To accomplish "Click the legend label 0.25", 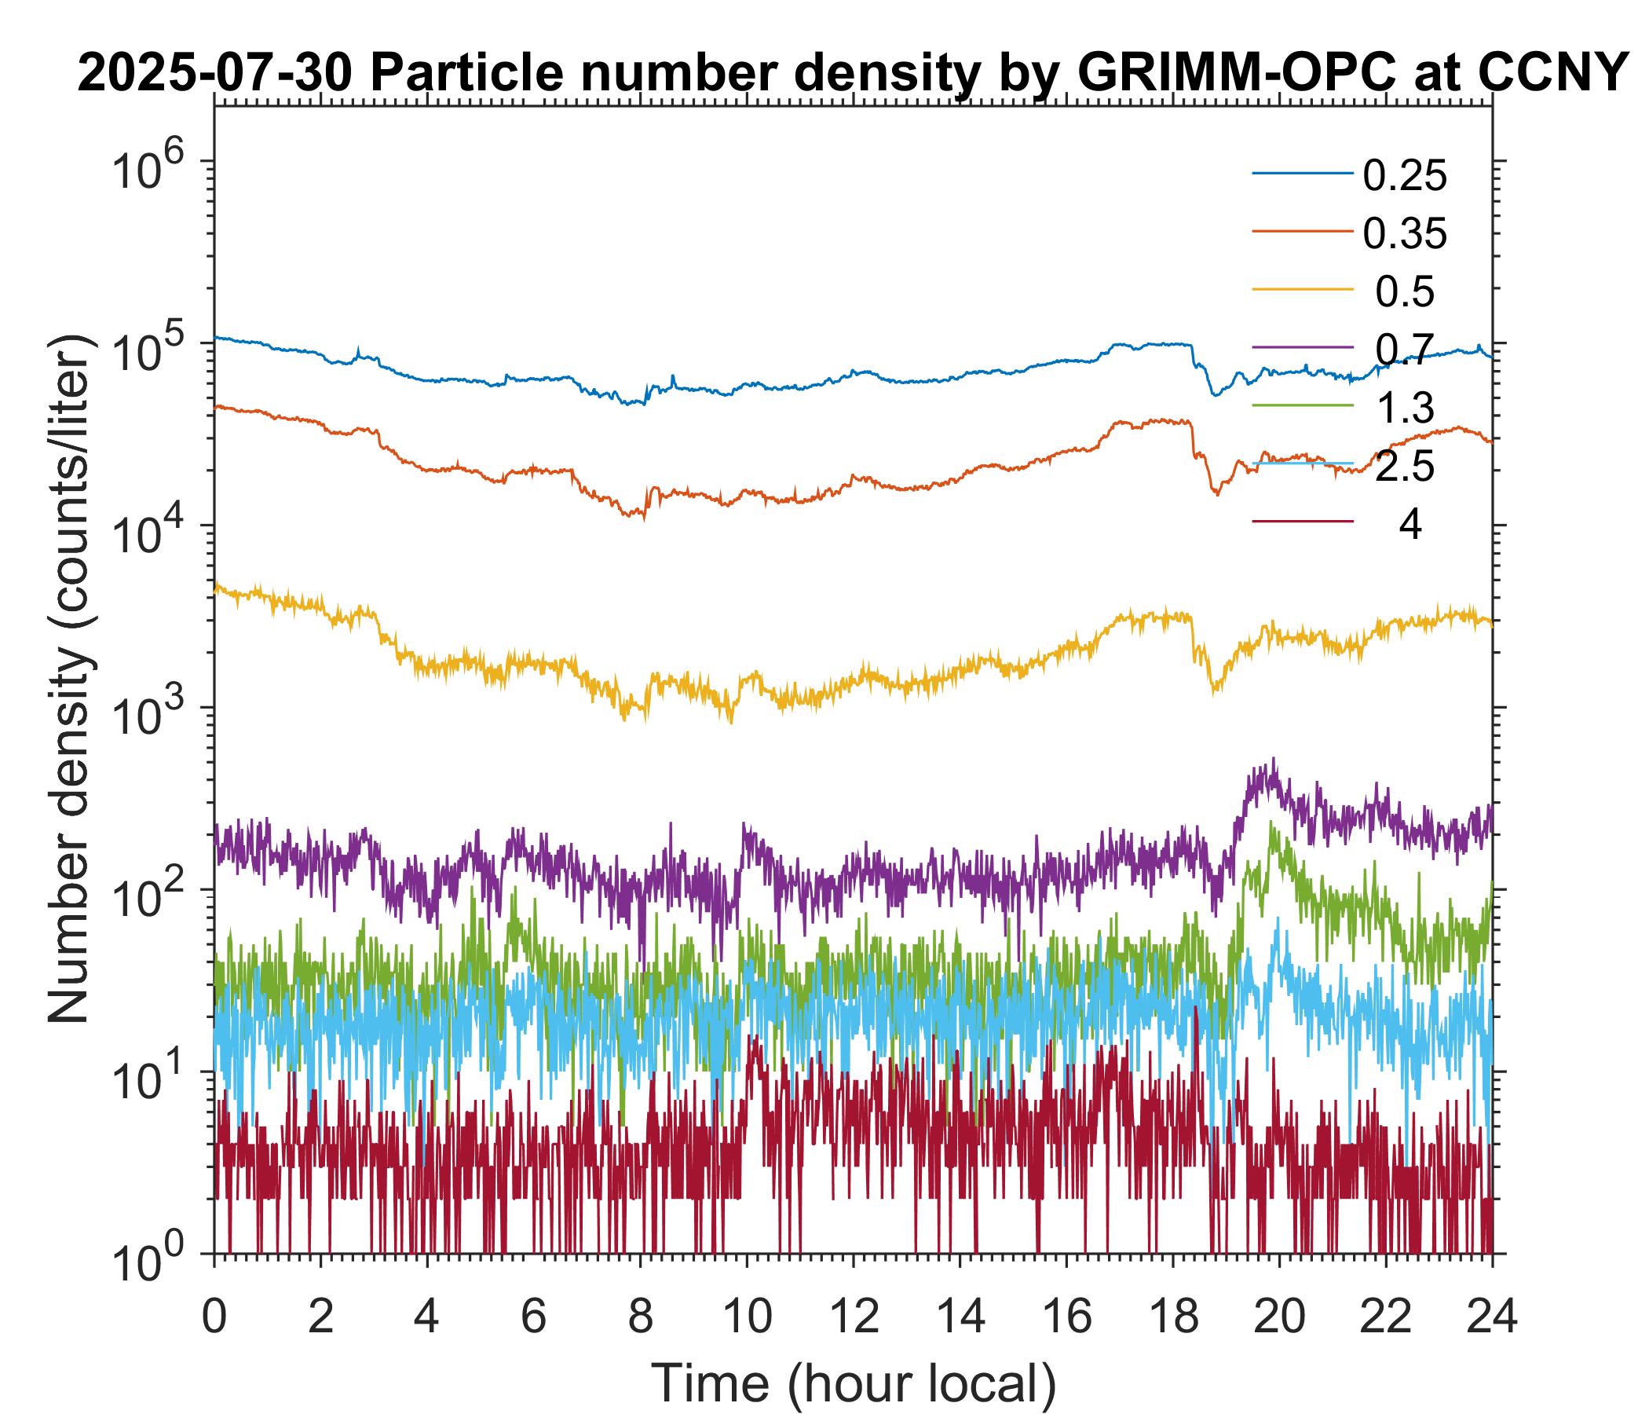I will click(x=1405, y=176).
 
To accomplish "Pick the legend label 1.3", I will click(x=1405, y=408).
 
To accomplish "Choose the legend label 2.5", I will click(x=1405, y=467).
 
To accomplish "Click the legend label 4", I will click(x=1410, y=526).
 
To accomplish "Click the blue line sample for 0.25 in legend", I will click(x=1303, y=174).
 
